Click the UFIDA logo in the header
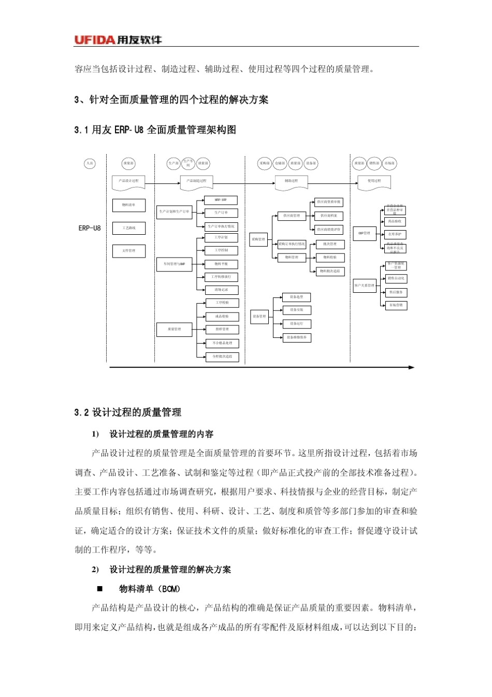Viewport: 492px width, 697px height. (x=118, y=40)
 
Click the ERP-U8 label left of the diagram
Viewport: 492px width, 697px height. (x=90, y=228)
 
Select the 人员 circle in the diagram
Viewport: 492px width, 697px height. (x=90, y=164)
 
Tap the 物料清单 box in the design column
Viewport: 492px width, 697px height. (x=129, y=205)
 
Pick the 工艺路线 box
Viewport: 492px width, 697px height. (x=129, y=228)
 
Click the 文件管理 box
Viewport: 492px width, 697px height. (x=129, y=251)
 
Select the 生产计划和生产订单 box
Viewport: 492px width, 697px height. (x=174, y=212)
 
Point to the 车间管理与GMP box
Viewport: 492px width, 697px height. (x=174, y=264)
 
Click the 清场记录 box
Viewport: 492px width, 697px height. (x=221, y=290)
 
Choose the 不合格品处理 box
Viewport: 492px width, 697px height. (x=222, y=343)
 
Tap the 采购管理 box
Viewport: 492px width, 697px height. (x=258, y=239)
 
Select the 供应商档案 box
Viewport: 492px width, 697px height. (x=328, y=216)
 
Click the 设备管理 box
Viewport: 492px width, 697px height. (x=259, y=316)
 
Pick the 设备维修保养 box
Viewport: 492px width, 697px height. (x=297, y=337)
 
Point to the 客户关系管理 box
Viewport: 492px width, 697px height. (x=365, y=286)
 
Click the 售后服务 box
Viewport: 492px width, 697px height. (x=396, y=292)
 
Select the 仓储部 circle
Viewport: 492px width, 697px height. (x=280, y=164)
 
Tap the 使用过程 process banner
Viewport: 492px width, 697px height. (x=374, y=181)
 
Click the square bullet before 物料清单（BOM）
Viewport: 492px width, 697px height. (x=100, y=589)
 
